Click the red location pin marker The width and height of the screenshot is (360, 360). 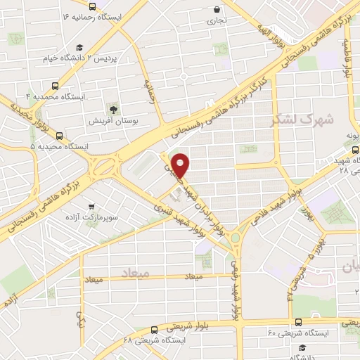[x=182, y=165]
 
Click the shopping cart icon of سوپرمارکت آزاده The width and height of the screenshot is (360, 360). [x=91, y=207]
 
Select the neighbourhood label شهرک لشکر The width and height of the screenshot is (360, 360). [x=302, y=120]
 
